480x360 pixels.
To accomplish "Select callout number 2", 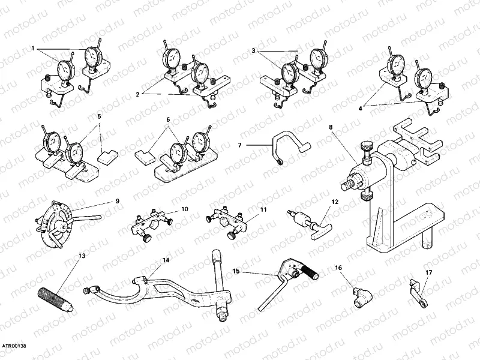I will pyautogui.click(x=139, y=94).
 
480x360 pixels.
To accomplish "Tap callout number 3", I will pyautogui.click(x=254, y=52).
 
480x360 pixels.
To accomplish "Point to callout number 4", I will pyautogui.click(x=361, y=109).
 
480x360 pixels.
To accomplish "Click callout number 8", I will pyautogui.click(x=330, y=127).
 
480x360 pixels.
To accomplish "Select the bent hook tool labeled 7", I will pyautogui.click(x=288, y=147).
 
